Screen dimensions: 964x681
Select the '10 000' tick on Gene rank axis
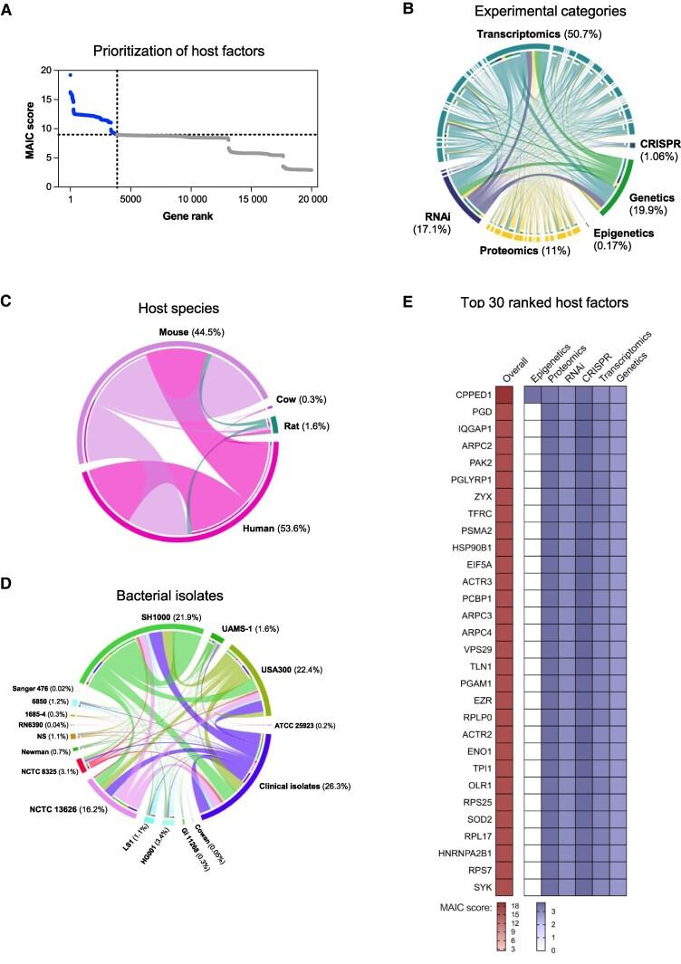pyautogui.click(x=192, y=199)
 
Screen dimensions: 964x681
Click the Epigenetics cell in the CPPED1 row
pyautogui.click(x=532, y=395)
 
